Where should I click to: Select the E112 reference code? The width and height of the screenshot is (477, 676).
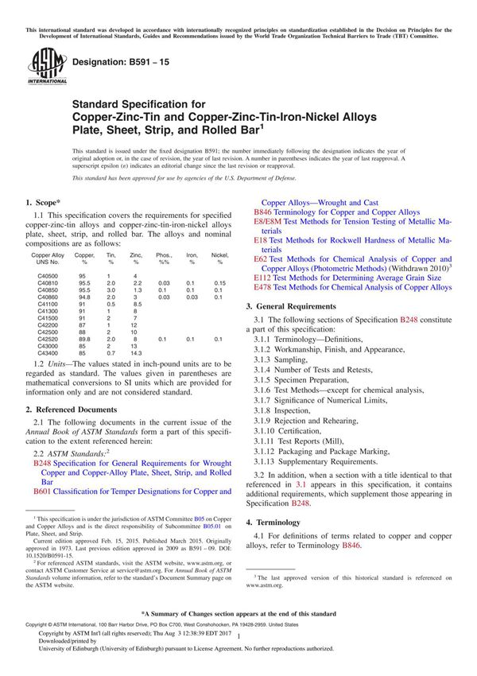tap(262, 278)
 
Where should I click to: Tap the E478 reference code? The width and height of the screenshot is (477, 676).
tap(262, 287)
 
